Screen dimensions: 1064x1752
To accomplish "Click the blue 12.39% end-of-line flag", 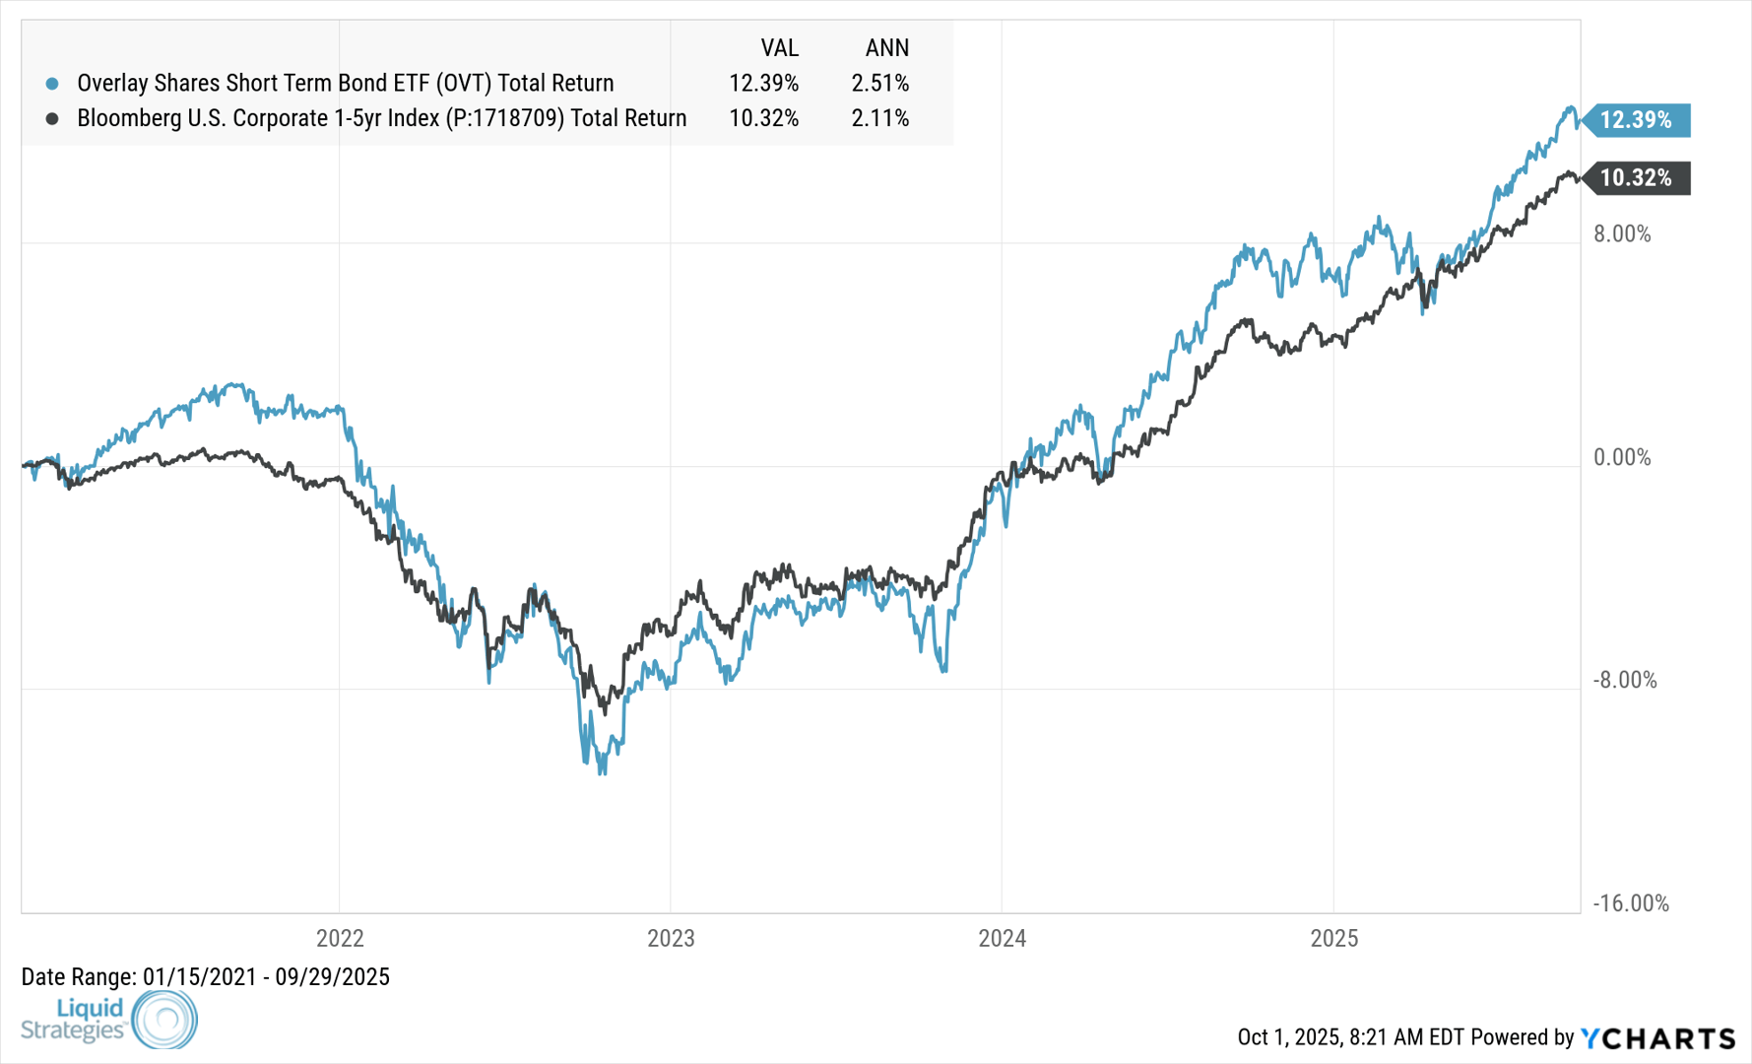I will (x=1636, y=120).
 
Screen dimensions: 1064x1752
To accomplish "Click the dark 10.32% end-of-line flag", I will (x=1636, y=178).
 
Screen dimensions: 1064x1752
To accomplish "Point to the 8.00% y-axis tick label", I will (x=1622, y=234).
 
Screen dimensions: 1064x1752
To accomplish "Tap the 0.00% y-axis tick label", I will (x=1622, y=457).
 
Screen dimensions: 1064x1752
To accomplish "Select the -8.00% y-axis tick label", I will (x=1625, y=681).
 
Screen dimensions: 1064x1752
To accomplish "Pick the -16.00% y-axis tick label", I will (x=1631, y=903).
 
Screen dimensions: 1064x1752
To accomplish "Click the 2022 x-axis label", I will (x=340, y=938).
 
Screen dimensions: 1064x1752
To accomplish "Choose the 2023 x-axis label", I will (x=671, y=938).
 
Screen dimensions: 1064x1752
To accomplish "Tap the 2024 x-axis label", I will (x=1003, y=938).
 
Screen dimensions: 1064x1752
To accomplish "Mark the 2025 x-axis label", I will (x=1334, y=938).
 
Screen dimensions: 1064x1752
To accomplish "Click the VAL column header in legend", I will (x=779, y=47).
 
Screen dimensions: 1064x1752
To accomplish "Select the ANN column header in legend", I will (x=886, y=47).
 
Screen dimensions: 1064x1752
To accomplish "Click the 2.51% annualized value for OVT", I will (x=880, y=83).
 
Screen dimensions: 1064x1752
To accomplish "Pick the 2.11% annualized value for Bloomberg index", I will (x=880, y=118).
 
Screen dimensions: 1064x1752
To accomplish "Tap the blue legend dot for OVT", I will (x=52, y=84).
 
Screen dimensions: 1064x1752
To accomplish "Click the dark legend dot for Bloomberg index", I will (x=52, y=119).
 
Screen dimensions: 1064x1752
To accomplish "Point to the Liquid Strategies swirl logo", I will (x=164, y=1020).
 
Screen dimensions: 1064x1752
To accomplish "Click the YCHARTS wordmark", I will (x=1658, y=1037).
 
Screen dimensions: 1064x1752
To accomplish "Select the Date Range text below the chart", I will (x=206, y=977).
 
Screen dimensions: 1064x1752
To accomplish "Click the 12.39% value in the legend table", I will (x=763, y=83).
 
